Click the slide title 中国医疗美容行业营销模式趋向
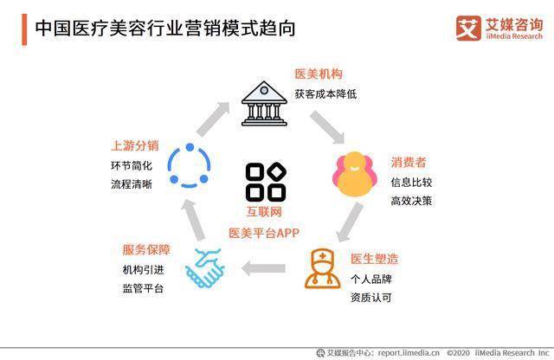[165, 29]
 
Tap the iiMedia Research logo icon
[468, 29]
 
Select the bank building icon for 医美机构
[264, 104]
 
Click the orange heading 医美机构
[319, 74]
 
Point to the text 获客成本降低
[325, 94]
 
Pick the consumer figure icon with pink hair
[352, 174]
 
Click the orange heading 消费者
[409, 162]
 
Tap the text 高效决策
[411, 201]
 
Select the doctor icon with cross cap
[322, 269]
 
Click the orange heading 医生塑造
[374, 259]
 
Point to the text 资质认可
[371, 298]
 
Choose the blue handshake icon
[204, 267]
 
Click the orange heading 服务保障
[146, 250]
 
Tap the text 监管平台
[143, 288]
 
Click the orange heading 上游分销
[135, 145]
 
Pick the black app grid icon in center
[266, 182]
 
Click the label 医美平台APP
[264, 233]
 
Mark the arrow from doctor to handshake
[263, 268]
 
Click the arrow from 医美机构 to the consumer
[327, 127]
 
